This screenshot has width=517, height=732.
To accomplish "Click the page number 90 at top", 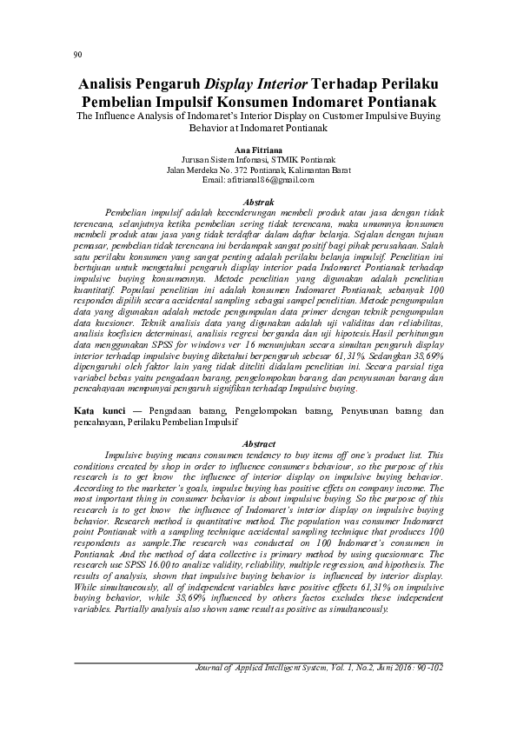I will (77, 55).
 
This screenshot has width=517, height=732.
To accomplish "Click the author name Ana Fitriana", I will (258, 150).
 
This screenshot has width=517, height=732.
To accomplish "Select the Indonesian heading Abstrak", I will (258, 201).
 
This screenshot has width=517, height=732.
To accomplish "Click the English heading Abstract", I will (258, 444).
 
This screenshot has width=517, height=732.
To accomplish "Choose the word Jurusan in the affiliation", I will (196, 160).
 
